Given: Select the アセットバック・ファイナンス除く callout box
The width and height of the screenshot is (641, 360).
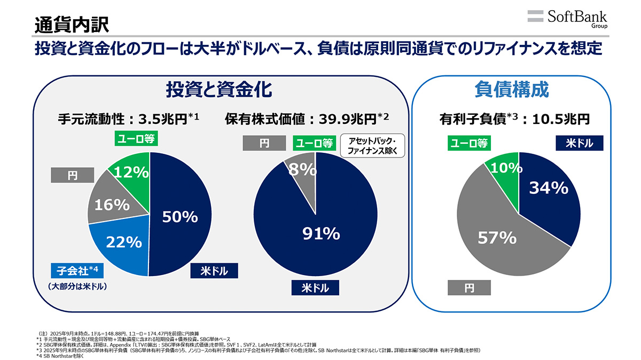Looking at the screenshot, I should point(372,145).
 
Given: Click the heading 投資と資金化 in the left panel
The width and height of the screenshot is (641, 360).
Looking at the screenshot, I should point(219,89).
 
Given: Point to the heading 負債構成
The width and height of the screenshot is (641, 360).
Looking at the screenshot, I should point(511,89).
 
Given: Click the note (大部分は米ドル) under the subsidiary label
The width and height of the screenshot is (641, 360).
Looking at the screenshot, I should point(74,287).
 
